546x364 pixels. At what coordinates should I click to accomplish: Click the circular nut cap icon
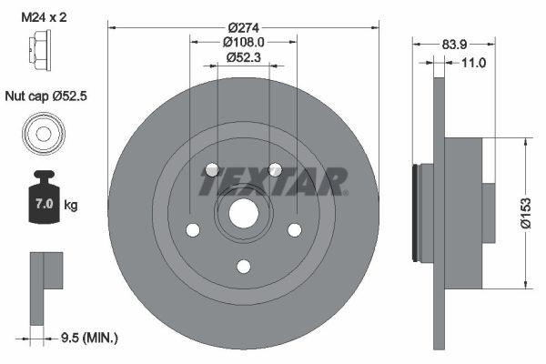pyautogui.click(x=43, y=134)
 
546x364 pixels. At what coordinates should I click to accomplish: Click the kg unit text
pyautogui.click(x=70, y=206)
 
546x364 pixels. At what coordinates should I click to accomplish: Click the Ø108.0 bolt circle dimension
pyautogui.click(x=243, y=41)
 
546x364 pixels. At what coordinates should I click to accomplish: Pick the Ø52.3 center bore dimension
pyautogui.click(x=243, y=56)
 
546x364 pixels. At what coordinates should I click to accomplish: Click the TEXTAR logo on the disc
pyautogui.click(x=273, y=181)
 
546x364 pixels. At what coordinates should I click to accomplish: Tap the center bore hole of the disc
pyautogui.click(x=243, y=215)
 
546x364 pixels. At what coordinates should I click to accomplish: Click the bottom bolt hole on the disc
pyautogui.click(x=243, y=267)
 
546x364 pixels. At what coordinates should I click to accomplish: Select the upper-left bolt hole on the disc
pyautogui.click(x=211, y=170)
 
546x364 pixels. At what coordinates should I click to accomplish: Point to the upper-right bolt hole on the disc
pyautogui.click(x=274, y=170)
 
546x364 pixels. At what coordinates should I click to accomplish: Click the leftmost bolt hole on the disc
pyautogui.click(x=192, y=230)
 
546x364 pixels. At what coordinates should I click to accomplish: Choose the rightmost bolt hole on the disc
pyautogui.click(x=294, y=230)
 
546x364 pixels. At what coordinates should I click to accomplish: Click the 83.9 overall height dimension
pyautogui.click(x=455, y=44)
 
